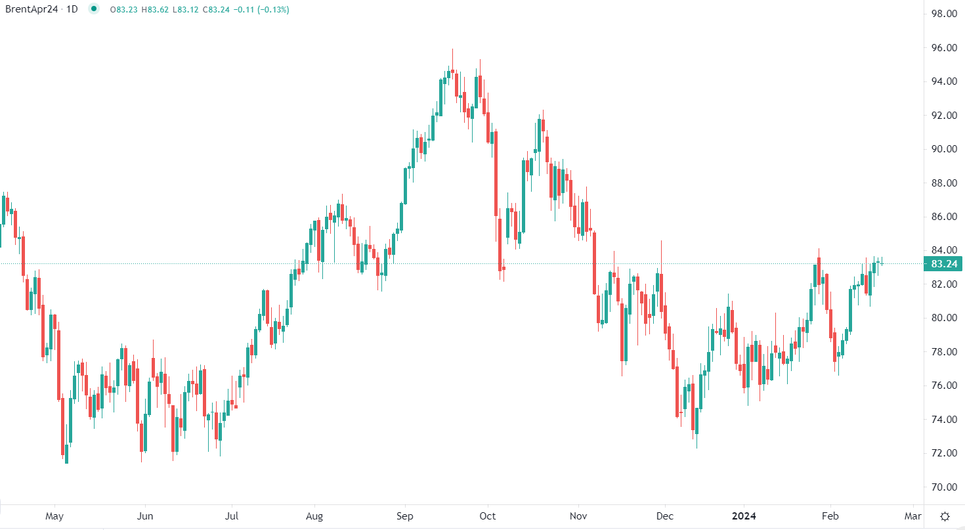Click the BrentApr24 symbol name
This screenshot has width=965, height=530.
[31, 10]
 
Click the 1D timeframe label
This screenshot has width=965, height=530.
[74, 10]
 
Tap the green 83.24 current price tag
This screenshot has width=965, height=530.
[942, 264]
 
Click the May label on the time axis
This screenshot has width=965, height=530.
[54, 516]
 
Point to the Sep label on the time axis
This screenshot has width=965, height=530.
[405, 516]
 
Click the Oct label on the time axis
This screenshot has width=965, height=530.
[487, 516]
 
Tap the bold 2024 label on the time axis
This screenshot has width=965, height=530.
[744, 516]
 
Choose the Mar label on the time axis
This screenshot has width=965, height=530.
[913, 516]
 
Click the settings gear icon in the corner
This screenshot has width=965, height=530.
[945, 516]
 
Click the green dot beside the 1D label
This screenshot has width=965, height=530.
[95, 10]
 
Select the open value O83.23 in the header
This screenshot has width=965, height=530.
[125, 10]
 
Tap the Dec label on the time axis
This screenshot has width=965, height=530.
[664, 516]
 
